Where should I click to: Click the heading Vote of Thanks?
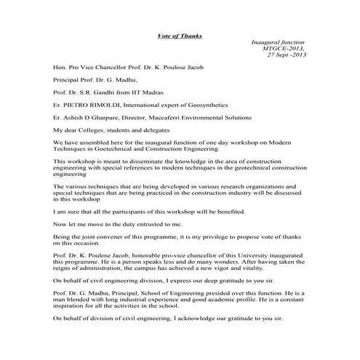pyautogui.click(x=180, y=36)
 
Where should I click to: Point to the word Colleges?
pyautogui.click(x=90, y=129)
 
